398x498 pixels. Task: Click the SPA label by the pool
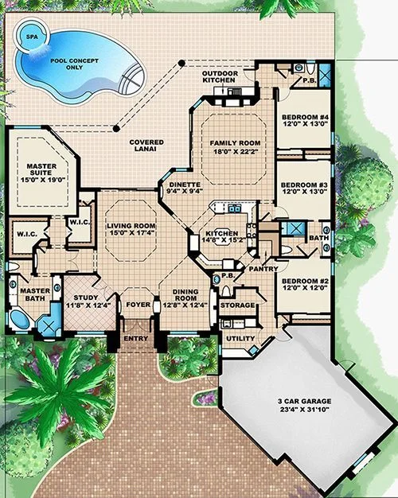29,37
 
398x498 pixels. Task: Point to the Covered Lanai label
146,146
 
